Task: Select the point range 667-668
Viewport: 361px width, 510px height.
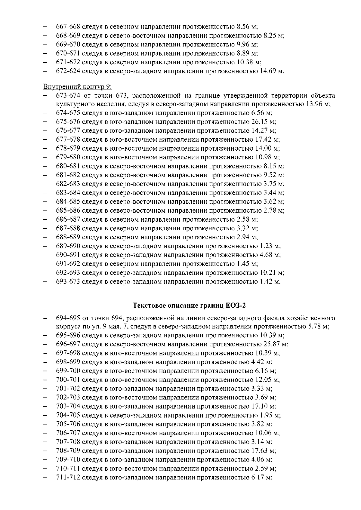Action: pyautogui.click(x=68, y=27)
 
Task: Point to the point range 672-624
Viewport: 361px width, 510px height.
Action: pyautogui.click(x=68, y=71)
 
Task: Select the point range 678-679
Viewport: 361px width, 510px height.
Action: pyautogui.click(x=68, y=149)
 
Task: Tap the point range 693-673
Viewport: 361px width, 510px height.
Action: pyautogui.click(x=68, y=282)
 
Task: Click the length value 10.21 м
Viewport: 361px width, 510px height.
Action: pyautogui.click(x=272, y=273)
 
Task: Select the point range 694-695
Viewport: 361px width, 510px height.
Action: pyautogui.click(x=68, y=318)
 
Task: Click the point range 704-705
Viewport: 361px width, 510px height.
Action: pyautogui.click(x=68, y=415)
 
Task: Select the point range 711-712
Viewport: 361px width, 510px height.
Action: pyautogui.click(x=68, y=477)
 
